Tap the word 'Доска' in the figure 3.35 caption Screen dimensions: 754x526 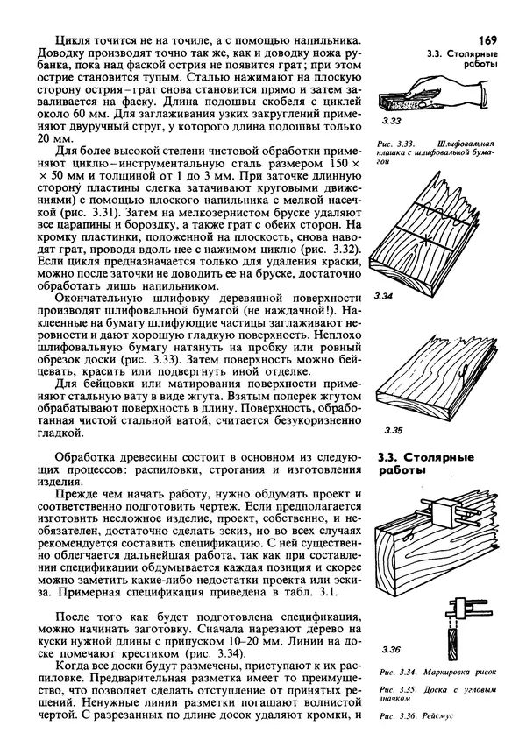coord(427,692)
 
